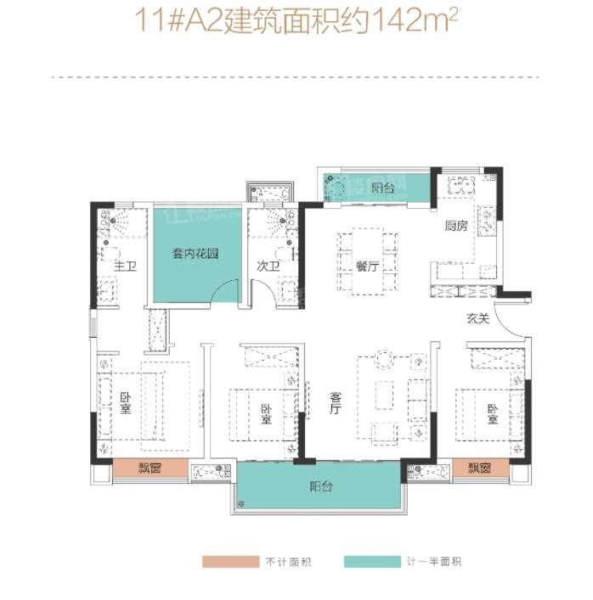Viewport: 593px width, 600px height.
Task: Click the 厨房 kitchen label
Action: tap(455, 226)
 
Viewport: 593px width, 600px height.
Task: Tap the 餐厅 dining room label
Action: tap(368, 265)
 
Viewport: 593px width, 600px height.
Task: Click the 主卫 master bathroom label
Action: tap(126, 266)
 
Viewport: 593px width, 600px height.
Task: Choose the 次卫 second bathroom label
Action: tap(268, 266)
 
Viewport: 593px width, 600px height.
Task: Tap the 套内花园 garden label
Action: tap(191, 252)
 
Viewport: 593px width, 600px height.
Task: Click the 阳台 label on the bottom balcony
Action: tap(320, 487)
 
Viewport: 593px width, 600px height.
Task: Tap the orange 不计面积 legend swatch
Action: tap(229, 562)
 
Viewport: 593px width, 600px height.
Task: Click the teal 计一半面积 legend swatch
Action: tap(372, 562)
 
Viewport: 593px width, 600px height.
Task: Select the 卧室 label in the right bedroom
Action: tap(492, 413)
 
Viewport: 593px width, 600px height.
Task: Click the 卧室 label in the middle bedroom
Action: tap(267, 413)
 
